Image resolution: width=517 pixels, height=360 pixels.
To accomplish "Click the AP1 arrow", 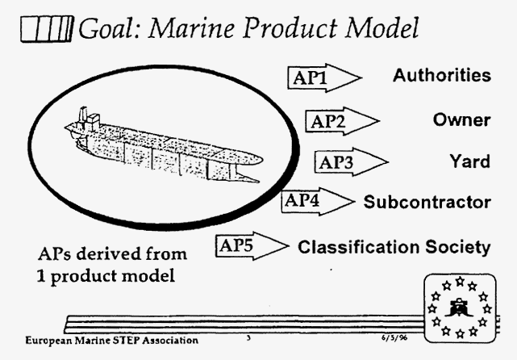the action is (x=325, y=77).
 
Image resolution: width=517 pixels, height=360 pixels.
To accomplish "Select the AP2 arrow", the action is (x=342, y=121).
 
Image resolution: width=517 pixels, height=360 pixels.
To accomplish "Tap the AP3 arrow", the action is (x=352, y=162).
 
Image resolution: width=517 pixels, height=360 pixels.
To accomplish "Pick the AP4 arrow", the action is (x=318, y=201).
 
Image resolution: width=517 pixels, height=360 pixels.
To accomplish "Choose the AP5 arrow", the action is (x=252, y=246).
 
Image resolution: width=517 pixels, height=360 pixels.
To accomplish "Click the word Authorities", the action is (x=442, y=75).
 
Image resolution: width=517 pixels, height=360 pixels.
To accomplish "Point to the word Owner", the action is (x=461, y=119).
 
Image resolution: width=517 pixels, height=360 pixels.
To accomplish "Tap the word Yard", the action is (x=470, y=161).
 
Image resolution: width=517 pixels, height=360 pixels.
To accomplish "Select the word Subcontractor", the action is (x=427, y=202).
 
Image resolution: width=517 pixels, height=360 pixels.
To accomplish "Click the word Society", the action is (x=457, y=248).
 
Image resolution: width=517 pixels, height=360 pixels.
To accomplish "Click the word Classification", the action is (x=359, y=247).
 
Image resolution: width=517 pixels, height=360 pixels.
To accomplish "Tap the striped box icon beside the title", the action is (x=46, y=29).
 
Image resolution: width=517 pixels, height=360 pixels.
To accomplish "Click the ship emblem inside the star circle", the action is (x=459, y=308).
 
